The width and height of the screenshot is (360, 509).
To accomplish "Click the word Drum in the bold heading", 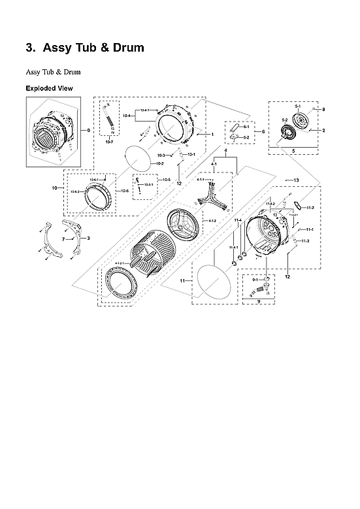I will tap(123, 48).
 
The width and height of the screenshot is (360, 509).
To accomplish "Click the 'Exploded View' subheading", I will tap(49, 88).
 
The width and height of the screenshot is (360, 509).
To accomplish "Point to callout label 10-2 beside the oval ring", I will tap(159, 163).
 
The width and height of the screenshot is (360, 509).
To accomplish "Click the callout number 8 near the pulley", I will tap(323, 109).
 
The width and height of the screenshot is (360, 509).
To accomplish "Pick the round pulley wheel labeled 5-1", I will tap(301, 122).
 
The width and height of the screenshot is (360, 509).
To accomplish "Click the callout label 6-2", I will tap(246, 138).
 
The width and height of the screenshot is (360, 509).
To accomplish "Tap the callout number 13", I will tap(296, 180).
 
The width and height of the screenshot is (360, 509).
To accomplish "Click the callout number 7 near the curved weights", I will tap(63, 240).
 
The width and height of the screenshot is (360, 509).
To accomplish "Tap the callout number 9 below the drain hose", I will tap(259, 302).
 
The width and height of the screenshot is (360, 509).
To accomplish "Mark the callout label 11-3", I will tap(306, 242).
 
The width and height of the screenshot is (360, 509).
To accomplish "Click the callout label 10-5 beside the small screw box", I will tap(166, 179).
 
